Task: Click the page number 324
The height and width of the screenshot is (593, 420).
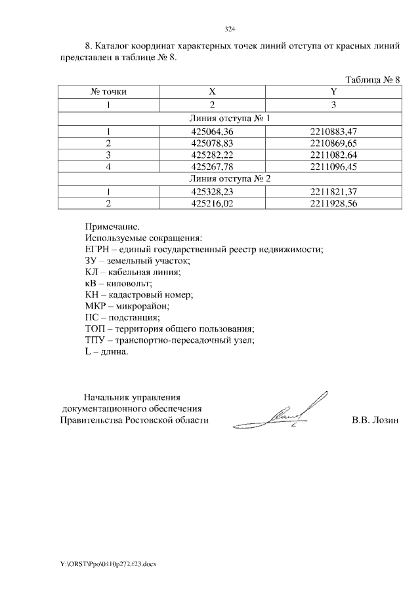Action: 230,29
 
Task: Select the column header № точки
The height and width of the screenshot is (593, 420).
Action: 108,92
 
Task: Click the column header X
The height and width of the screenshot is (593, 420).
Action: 212,92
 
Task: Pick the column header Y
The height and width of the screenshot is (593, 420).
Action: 333,92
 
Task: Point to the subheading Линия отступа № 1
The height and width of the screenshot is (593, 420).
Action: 229,119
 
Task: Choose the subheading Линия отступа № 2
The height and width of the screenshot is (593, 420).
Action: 229,178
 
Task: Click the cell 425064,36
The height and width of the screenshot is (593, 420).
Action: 212,132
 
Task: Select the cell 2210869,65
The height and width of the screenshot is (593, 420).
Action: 333,143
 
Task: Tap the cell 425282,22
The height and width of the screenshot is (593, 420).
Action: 212,155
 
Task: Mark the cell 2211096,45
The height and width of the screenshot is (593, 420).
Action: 333,166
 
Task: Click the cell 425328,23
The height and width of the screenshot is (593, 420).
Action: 212,191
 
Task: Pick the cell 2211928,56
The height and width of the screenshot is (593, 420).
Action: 333,202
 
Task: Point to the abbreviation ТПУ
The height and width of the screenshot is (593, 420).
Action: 96,340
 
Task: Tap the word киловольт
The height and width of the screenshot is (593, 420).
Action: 129,283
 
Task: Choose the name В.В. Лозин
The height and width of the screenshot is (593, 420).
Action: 375,420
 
